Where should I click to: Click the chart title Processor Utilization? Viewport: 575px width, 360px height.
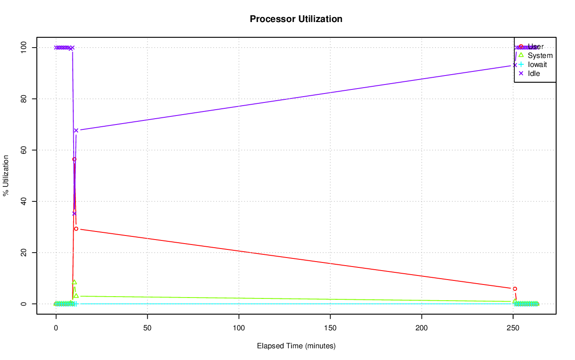click(x=296, y=19)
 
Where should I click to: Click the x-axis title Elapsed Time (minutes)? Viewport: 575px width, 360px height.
click(x=296, y=346)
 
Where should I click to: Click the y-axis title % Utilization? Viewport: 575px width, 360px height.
click(x=6, y=175)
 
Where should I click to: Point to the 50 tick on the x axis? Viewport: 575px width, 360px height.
click(x=147, y=328)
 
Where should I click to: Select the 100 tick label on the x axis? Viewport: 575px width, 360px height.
click(x=239, y=328)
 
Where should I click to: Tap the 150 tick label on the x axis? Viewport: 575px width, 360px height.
click(x=330, y=328)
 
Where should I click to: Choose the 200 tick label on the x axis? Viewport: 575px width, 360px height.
click(x=422, y=328)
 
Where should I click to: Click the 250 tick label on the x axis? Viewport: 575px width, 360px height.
click(x=513, y=328)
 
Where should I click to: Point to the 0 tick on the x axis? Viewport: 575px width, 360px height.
click(x=56, y=328)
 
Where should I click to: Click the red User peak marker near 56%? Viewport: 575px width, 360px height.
click(x=74, y=159)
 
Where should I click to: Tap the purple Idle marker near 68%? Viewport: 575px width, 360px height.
click(x=76, y=130)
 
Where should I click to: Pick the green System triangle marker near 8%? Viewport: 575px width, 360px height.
click(x=74, y=282)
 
